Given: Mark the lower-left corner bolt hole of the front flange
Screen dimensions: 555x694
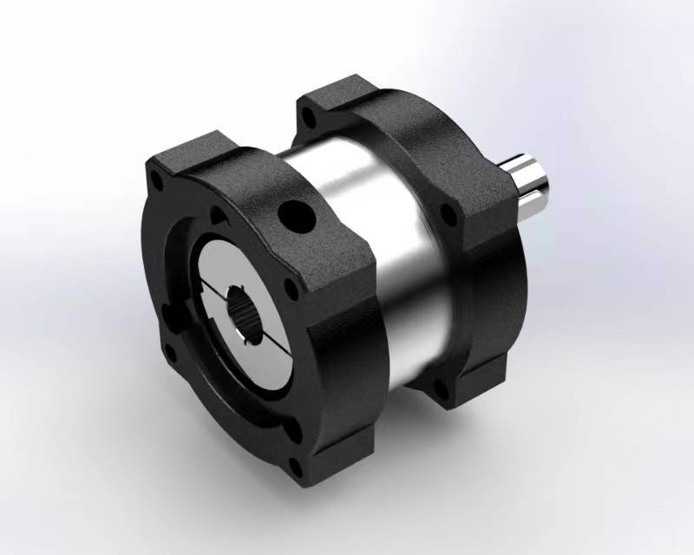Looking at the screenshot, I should coord(171,353).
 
